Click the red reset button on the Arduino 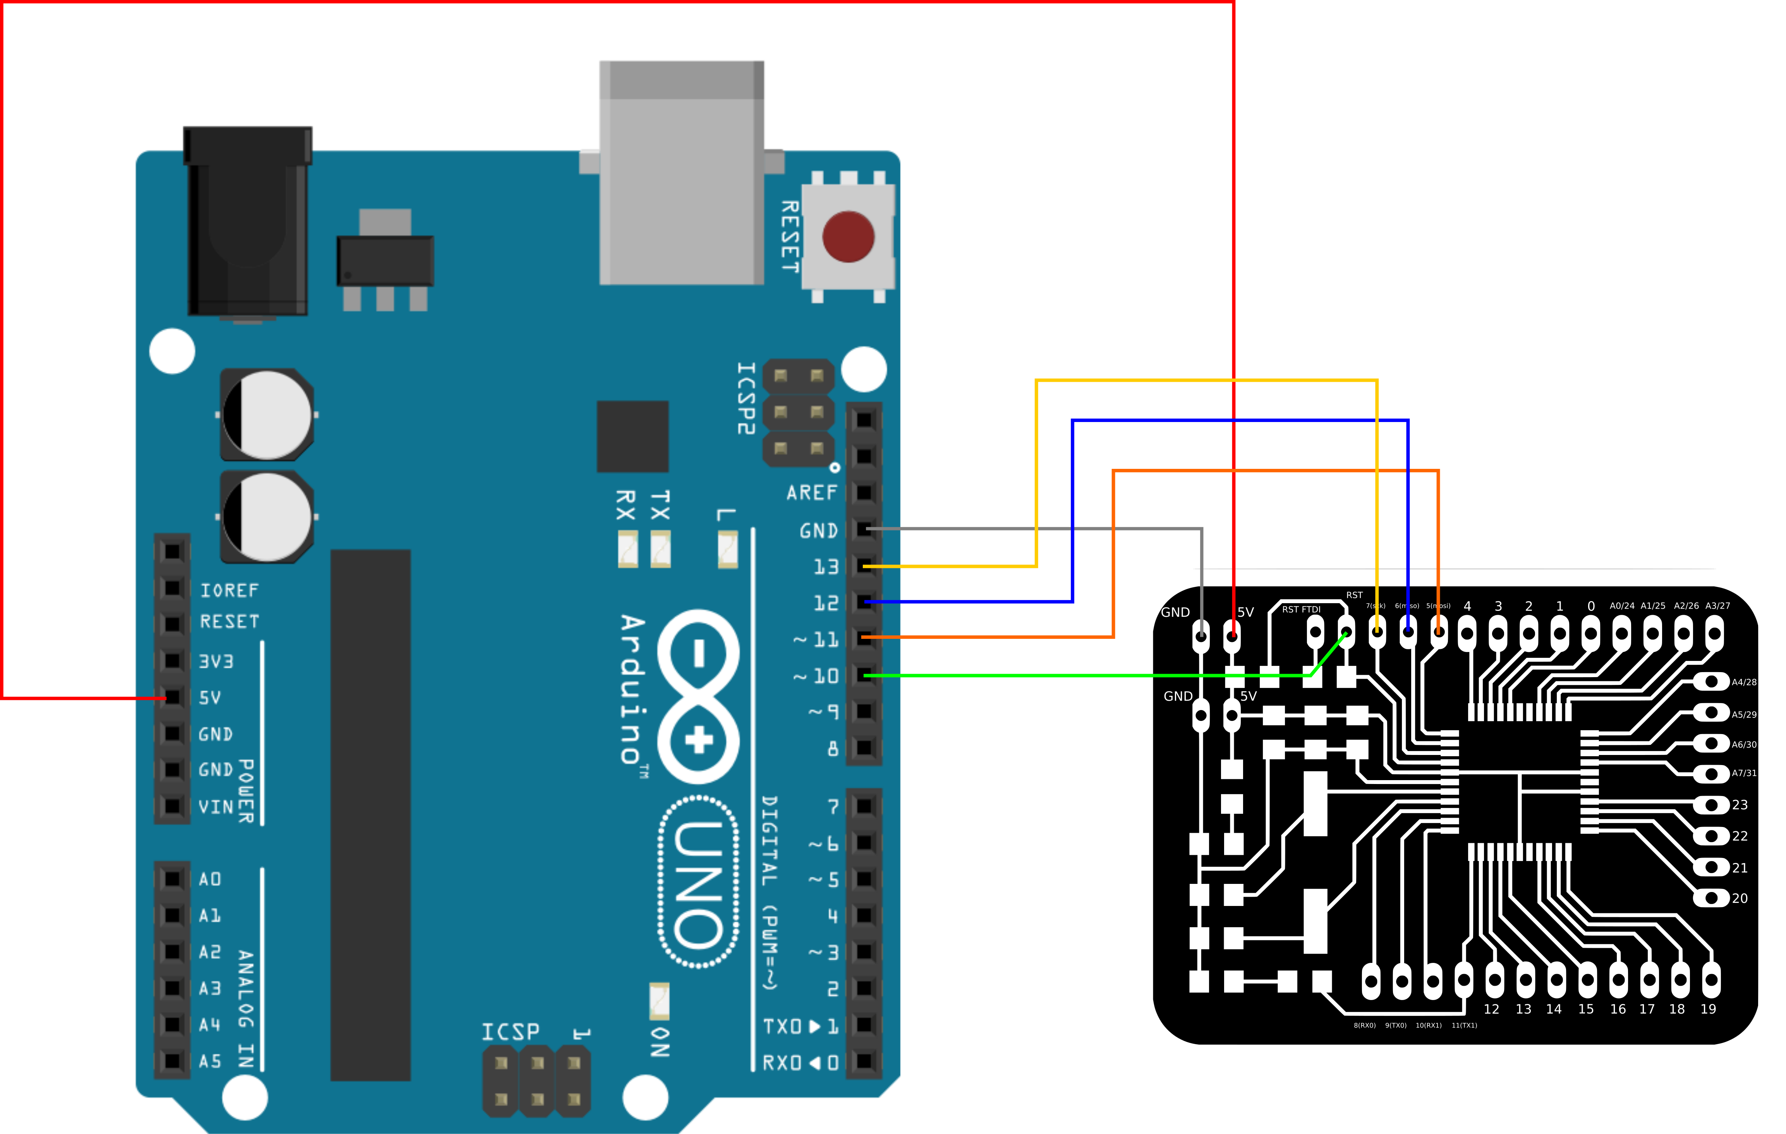(x=848, y=237)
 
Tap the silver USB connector (x=681, y=178)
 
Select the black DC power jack (x=248, y=223)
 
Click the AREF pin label (x=811, y=493)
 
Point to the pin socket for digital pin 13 (x=864, y=566)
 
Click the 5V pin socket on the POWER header (x=172, y=697)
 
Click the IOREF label (x=229, y=590)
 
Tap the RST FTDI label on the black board (x=1301, y=610)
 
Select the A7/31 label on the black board (x=1744, y=773)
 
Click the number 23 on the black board (x=1739, y=805)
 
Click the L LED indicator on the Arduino (x=728, y=549)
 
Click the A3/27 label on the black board (x=1717, y=606)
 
